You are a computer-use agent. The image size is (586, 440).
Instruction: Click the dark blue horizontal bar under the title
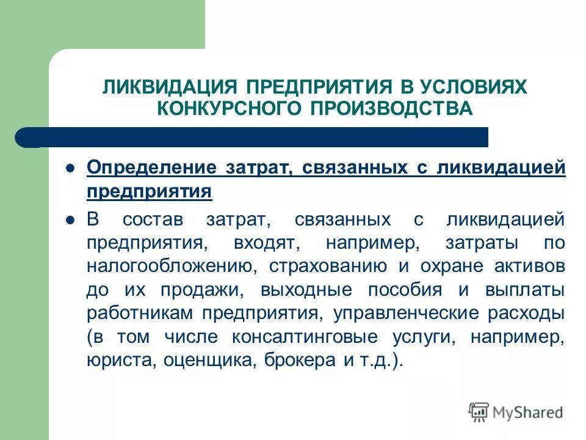pos(256,137)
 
